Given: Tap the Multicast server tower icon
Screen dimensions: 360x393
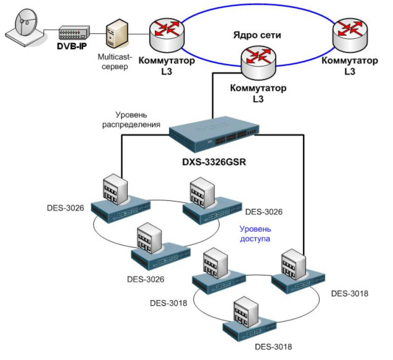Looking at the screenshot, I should [117, 35].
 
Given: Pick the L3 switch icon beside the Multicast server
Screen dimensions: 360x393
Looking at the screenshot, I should [165, 33].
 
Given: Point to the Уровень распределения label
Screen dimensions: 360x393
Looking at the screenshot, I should [139, 120].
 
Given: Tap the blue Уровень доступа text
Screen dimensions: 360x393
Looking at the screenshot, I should [255, 233].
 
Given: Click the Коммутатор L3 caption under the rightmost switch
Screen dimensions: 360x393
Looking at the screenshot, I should [350, 66].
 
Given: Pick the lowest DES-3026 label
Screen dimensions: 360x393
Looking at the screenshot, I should [146, 279].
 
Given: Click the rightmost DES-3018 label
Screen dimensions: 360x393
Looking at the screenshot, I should [349, 293].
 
